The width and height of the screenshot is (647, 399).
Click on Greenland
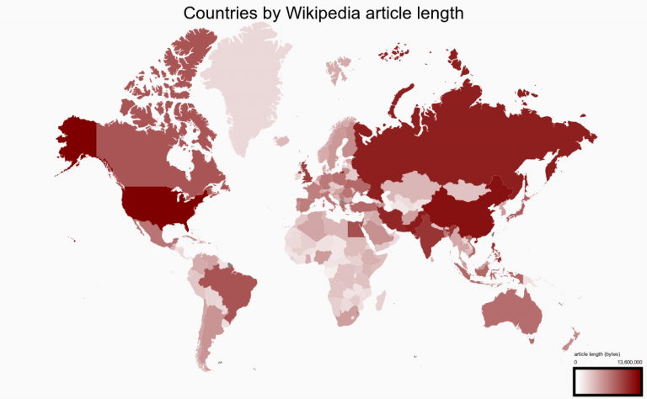(249, 84)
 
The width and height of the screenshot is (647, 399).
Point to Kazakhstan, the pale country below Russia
(404, 186)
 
